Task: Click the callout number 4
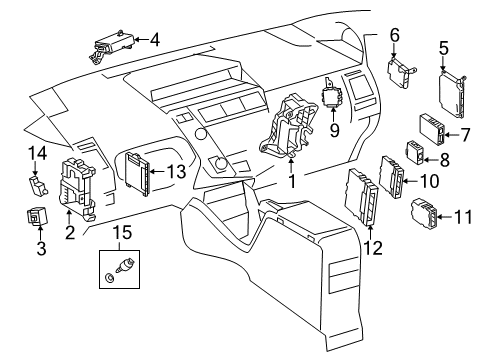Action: [155, 40]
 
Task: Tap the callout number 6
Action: [394, 35]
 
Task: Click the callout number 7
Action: [464, 135]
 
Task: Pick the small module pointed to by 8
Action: [415, 152]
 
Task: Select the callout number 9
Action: [334, 130]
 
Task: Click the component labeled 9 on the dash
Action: [332, 92]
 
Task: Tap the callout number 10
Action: [430, 181]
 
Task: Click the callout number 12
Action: [373, 248]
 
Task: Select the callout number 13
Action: [176, 171]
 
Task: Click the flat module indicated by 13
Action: [138, 173]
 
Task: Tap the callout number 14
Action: [37, 153]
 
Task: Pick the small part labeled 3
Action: [37, 216]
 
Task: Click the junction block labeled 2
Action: [77, 188]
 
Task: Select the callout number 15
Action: [122, 233]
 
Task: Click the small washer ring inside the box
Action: [109, 277]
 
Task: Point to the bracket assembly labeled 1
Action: [288, 127]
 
